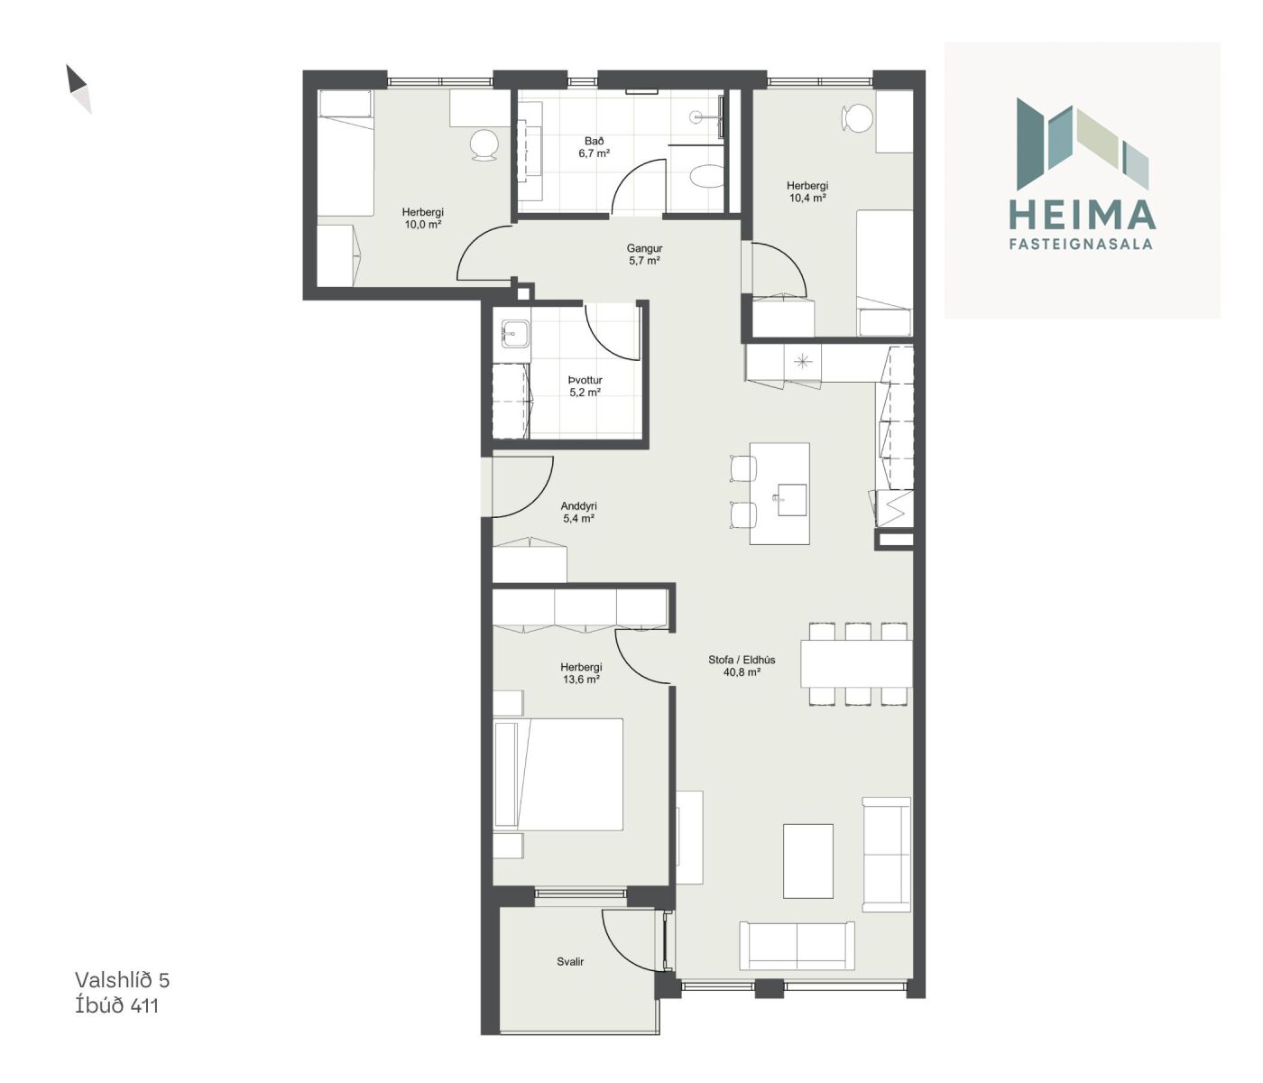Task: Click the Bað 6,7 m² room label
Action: point(594,147)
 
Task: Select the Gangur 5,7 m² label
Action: point(644,255)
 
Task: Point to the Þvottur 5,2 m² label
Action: point(585,386)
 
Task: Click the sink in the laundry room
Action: point(515,334)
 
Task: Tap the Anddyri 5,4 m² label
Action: point(578,512)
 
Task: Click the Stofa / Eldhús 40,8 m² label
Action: point(742,666)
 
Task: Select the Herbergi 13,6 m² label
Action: point(581,673)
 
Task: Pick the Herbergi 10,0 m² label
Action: point(423,218)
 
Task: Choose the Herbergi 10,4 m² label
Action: point(807,191)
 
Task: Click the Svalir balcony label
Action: point(570,961)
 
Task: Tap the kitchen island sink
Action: point(791,499)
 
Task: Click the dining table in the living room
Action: point(856,663)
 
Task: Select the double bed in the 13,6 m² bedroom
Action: point(558,774)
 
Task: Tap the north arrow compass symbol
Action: point(78,88)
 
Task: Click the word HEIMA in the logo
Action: point(1082,215)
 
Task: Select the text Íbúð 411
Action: point(116,1005)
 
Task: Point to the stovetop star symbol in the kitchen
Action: point(802,362)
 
